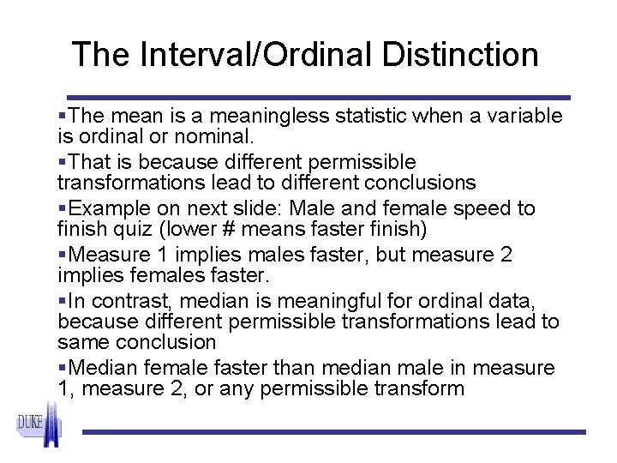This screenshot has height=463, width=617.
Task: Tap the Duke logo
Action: tap(39, 425)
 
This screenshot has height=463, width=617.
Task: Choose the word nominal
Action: tap(224, 136)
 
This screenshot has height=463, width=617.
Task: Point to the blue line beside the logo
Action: tap(334, 431)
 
